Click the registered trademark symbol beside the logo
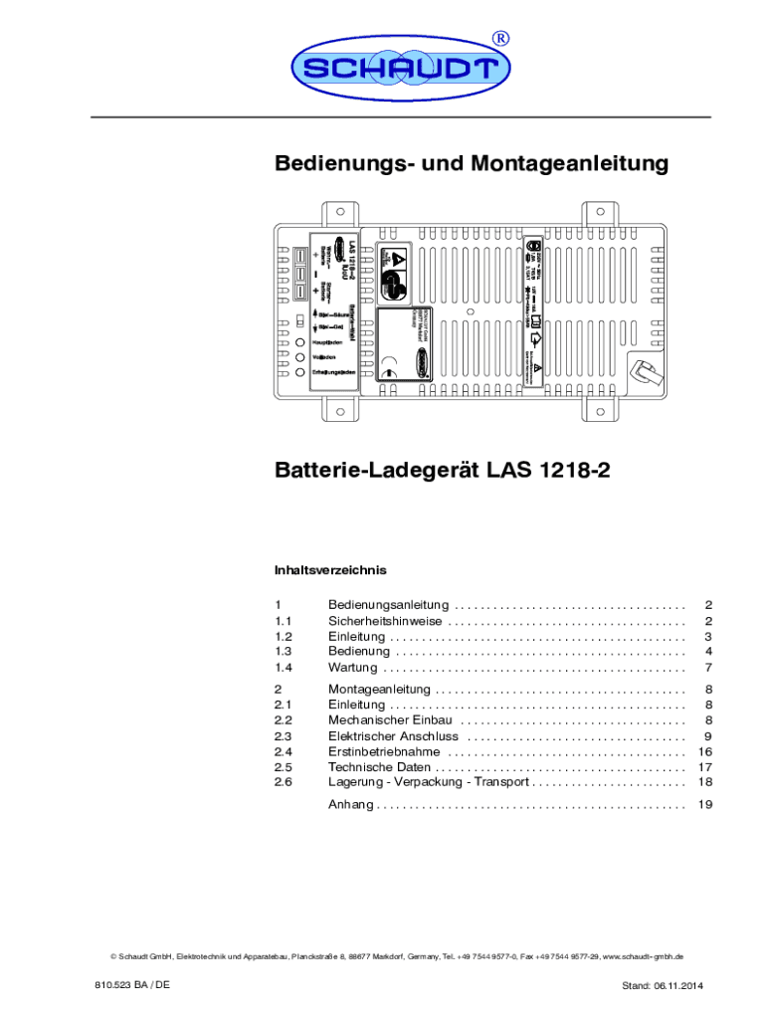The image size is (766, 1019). coord(502,38)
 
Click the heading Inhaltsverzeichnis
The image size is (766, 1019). coord(329,570)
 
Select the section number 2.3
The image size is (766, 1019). coord(284,736)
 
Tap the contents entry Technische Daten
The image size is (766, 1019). coord(379,767)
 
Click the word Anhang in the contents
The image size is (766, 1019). coord(350,804)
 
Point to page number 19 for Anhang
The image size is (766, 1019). coord(706,804)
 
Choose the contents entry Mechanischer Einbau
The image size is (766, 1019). coord(391,719)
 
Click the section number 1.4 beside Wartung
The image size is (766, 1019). coord(284,667)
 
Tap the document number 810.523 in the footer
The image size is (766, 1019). coord(113,984)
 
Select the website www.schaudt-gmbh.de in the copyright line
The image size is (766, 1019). coord(644,956)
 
